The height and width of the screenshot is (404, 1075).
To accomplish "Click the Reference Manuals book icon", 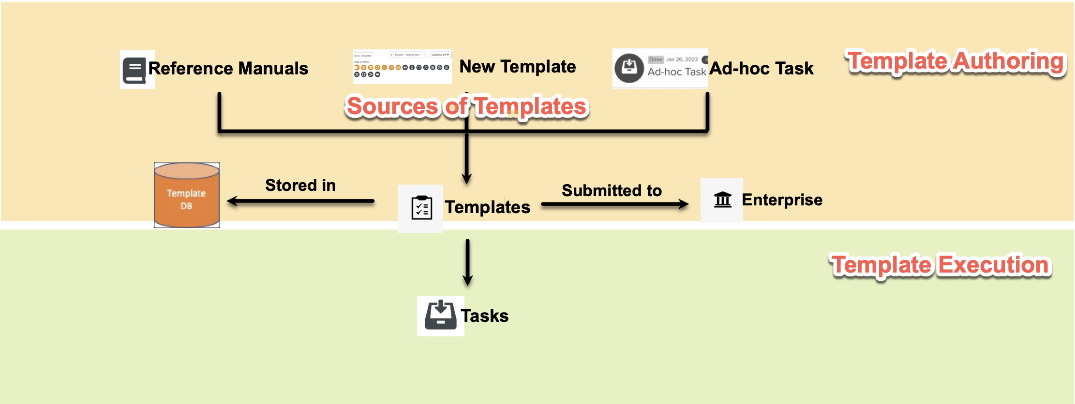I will [134, 70].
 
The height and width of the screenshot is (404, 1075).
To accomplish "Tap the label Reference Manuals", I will [228, 69].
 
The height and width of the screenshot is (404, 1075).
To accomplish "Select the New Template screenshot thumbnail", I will [402, 67].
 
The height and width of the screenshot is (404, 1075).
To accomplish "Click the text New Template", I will [517, 67].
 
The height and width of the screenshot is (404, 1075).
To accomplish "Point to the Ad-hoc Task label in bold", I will [761, 69].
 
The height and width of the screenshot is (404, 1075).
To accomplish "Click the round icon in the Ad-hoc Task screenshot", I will [629, 68].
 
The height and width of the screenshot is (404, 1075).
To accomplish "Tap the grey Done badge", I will [656, 59].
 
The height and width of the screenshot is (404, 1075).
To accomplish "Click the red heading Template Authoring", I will [956, 61].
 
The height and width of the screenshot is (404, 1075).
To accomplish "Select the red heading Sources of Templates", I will [467, 106].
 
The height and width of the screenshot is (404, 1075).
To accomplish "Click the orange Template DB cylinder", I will [187, 196].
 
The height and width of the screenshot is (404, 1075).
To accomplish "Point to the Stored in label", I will [300, 185].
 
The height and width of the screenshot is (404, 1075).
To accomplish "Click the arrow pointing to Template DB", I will [300, 201].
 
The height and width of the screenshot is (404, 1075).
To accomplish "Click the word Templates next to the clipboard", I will [487, 207].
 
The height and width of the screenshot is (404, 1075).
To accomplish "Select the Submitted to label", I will [612, 190].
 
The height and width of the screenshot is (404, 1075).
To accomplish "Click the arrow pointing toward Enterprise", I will [614, 204].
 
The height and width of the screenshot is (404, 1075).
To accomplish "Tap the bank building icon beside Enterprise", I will [723, 199].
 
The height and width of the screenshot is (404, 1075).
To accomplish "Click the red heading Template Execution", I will [941, 265].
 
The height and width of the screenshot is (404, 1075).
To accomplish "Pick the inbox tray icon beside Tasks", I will [440, 316].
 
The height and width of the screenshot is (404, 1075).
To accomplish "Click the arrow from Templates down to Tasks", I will [467, 262].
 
